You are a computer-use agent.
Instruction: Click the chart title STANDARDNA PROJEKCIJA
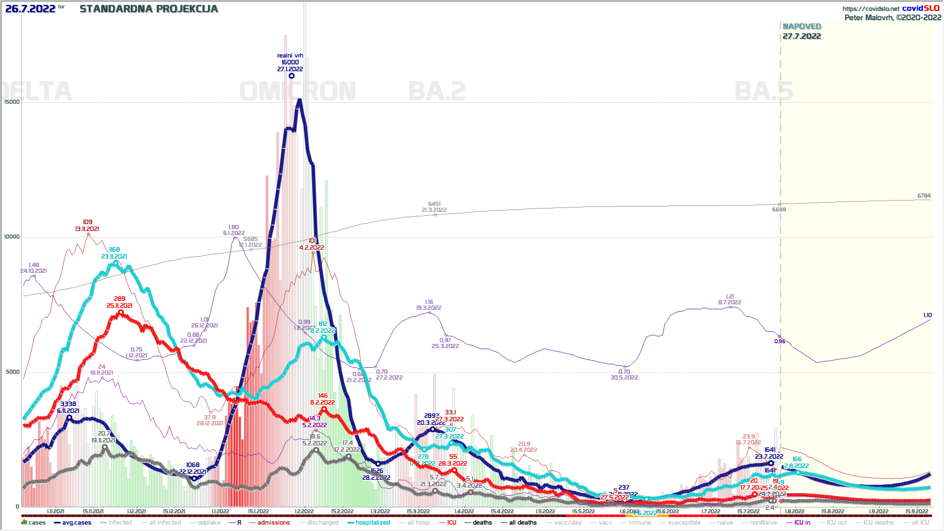click(x=148, y=9)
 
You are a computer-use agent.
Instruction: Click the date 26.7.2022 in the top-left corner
click(x=30, y=9)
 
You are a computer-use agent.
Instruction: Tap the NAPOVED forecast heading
click(x=802, y=27)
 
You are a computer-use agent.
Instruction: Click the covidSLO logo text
click(x=920, y=8)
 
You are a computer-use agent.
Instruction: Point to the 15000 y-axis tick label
click(x=12, y=102)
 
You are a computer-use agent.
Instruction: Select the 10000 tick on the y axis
click(x=12, y=237)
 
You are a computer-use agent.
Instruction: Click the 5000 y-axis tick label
click(x=13, y=372)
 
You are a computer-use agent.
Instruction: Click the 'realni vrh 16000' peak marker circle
click(x=292, y=76)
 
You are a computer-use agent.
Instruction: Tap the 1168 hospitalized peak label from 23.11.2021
click(x=115, y=250)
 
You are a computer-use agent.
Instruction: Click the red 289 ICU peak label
click(x=119, y=299)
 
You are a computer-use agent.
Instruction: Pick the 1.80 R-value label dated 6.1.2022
click(x=234, y=228)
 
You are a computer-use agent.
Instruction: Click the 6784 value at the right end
click(x=924, y=196)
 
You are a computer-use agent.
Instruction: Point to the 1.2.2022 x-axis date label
click(x=304, y=511)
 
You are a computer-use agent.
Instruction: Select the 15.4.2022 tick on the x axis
click(x=502, y=511)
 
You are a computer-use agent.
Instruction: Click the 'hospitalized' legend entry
click(x=373, y=523)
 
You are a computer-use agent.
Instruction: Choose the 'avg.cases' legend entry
click(x=76, y=523)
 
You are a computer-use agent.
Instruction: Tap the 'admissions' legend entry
click(x=273, y=523)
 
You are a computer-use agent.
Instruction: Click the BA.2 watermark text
click(x=437, y=91)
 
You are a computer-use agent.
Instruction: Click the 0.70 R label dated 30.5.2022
click(x=624, y=372)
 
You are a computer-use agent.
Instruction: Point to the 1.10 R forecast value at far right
click(x=927, y=315)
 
